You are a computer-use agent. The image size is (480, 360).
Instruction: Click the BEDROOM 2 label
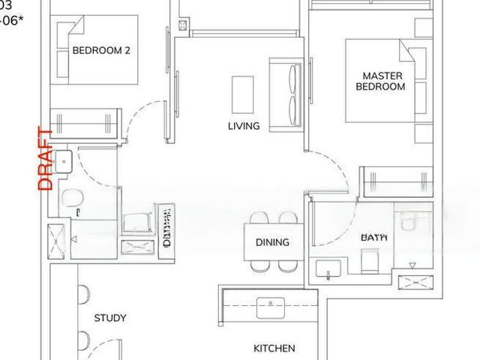click(x=102, y=51)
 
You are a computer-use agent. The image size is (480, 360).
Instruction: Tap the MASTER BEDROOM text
click(x=383, y=81)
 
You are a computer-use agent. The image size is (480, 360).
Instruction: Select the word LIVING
click(x=243, y=126)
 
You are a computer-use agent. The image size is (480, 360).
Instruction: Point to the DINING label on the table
click(x=272, y=242)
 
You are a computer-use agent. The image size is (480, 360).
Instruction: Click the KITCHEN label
click(x=274, y=348)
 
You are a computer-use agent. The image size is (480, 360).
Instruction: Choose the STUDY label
click(x=110, y=317)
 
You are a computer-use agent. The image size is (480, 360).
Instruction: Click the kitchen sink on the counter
click(x=268, y=304)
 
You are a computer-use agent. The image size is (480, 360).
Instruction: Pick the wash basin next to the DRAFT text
click(x=63, y=159)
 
